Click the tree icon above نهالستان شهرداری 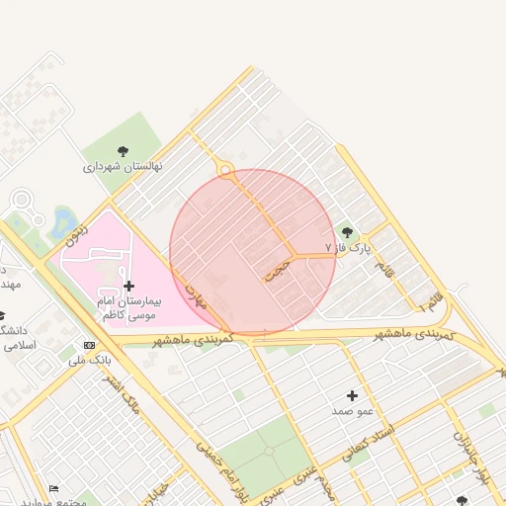123,151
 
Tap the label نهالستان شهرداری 123,167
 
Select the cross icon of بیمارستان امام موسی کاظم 128,286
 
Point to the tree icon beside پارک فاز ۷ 346,232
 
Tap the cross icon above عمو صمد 352,395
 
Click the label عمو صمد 352,410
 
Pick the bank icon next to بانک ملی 90,345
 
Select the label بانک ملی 90,360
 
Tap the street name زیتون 77,234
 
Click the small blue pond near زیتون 64,219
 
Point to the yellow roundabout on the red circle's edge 226,172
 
